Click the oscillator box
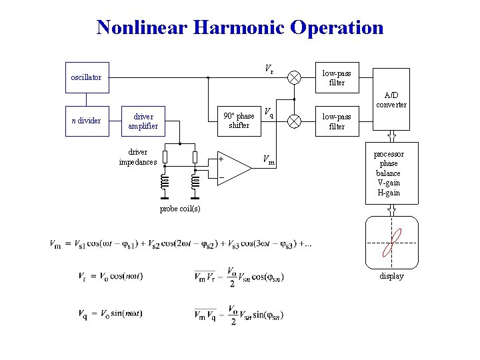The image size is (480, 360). [86, 77]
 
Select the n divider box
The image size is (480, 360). [86, 121]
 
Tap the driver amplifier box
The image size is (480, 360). [143, 121]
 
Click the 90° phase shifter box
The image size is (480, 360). [239, 121]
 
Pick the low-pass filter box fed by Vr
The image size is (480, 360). [337, 78]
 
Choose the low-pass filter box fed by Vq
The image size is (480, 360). [337, 121]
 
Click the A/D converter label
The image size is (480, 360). [391, 100]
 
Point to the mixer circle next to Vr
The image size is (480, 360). [294, 77]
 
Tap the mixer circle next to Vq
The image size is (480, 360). [294, 121]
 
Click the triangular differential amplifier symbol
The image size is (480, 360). [234, 167]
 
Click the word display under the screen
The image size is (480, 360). [391, 276]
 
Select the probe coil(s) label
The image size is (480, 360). [179, 209]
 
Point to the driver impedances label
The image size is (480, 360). [138, 157]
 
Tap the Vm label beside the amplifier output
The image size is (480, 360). [268, 160]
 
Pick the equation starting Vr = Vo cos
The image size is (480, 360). [111, 276]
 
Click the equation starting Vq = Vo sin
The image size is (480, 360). [110, 314]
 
